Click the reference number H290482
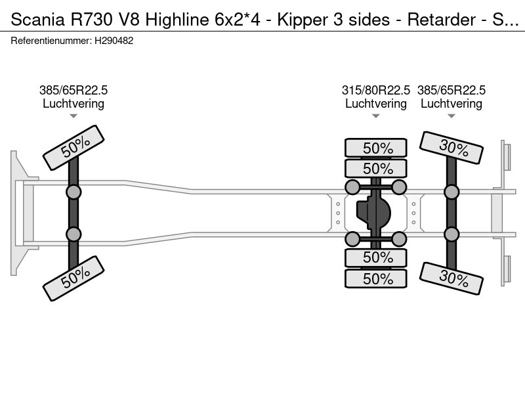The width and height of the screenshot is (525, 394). pyautogui.click(x=114, y=41)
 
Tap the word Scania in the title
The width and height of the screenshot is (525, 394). pyautogui.click(x=37, y=20)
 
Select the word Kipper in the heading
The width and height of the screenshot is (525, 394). pyautogui.click(x=303, y=20)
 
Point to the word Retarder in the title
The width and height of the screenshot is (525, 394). pyautogui.click(x=441, y=20)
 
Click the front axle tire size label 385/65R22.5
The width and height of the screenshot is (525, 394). pyautogui.click(x=73, y=90)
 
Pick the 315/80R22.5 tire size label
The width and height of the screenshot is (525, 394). pyautogui.click(x=375, y=90)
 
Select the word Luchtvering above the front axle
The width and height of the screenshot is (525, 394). pyautogui.click(x=73, y=104)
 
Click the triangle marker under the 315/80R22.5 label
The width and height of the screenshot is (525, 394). pyautogui.click(x=375, y=116)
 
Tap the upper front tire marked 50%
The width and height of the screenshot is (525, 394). pyautogui.click(x=73, y=147)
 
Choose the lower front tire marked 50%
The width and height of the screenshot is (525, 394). pyautogui.click(x=73, y=278)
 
